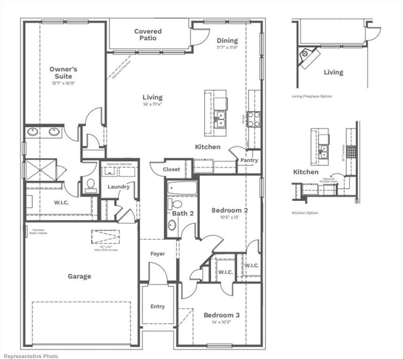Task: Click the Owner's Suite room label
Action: click(x=63, y=73)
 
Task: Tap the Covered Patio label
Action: click(x=148, y=35)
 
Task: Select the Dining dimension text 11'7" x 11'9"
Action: click(x=227, y=48)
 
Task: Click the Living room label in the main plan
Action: click(x=152, y=97)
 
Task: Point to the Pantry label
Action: click(x=249, y=160)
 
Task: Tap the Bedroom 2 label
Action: click(x=229, y=210)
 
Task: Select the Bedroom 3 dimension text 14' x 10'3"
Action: click(x=221, y=322)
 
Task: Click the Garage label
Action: click(x=79, y=277)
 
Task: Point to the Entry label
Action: click(x=158, y=307)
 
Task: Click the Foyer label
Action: click(x=158, y=254)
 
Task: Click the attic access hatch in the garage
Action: click(x=106, y=237)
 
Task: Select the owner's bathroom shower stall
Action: click(x=41, y=169)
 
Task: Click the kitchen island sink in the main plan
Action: click(x=220, y=119)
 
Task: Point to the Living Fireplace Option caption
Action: click(x=312, y=97)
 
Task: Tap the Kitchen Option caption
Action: click(x=305, y=213)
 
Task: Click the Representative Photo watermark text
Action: click(x=29, y=356)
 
